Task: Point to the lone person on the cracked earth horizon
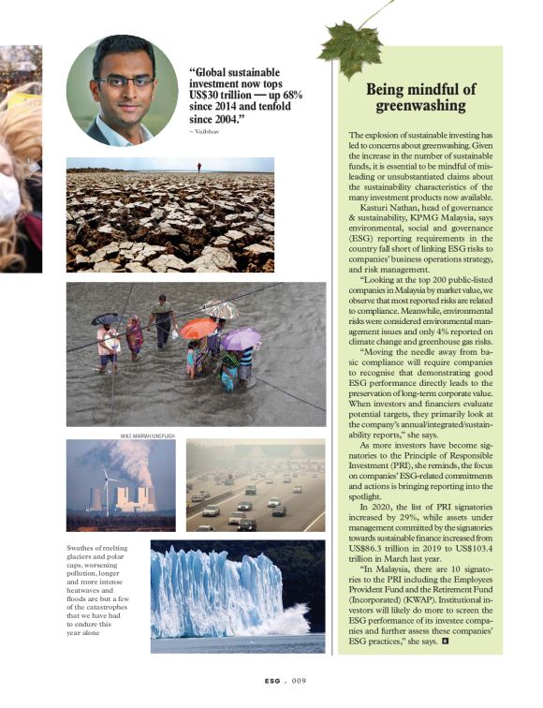point(198,167)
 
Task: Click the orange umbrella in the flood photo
point(198,328)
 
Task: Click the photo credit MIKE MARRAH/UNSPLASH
point(151,435)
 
